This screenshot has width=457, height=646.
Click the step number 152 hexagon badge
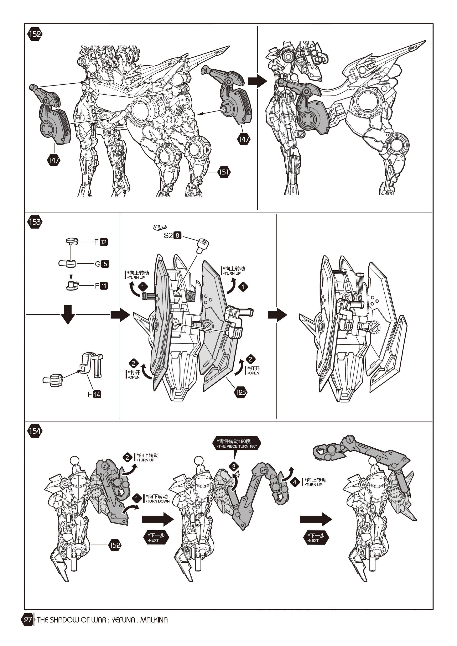(35, 34)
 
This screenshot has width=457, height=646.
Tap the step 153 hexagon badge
(35, 222)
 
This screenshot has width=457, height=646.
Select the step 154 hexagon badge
(35, 431)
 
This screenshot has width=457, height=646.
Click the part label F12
(101, 242)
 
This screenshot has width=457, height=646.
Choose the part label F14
(94, 394)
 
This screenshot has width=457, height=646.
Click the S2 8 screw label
(172, 235)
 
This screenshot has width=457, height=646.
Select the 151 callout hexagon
(224, 172)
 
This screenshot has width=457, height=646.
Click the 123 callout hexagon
(241, 392)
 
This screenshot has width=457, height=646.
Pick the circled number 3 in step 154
(234, 467)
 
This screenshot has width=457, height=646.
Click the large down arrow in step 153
(68, 314)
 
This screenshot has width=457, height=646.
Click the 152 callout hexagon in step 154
(115, 545)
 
